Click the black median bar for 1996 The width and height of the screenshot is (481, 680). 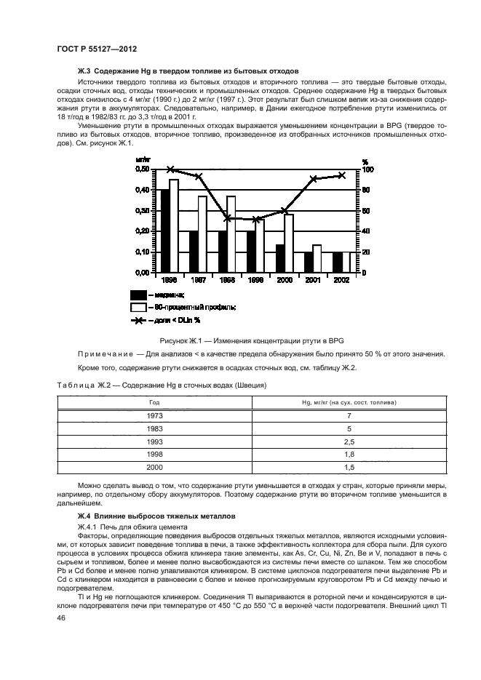(164, 231)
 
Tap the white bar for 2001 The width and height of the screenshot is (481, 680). (317, 258)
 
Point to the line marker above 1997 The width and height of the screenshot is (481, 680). (198, 177)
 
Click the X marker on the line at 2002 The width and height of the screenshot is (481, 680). (341, 175)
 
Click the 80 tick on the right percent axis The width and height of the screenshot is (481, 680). (366, 190)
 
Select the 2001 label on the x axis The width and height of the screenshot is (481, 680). (312, 279)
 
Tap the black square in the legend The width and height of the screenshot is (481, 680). (138, 295)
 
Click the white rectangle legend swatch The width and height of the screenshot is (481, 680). (138, 307)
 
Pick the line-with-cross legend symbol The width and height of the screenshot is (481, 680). (138, 320)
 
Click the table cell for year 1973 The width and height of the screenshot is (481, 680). (154, 415)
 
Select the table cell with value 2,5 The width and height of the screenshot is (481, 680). (348, 441)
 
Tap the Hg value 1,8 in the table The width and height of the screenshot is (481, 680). (348, 455)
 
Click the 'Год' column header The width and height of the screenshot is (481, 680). (154, 401)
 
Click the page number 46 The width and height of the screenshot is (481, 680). (60, 617)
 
